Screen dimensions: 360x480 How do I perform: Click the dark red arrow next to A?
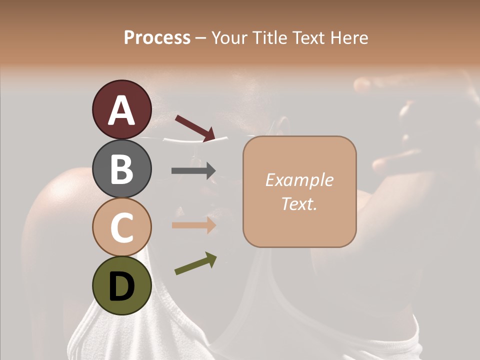click(195, 128)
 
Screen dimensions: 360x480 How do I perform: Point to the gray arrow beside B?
click(193, 170)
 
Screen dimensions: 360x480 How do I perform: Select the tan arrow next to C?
click(193, 225)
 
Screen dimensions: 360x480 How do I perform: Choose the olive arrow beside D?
click(195, 263)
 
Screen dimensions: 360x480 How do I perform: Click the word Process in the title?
click(157, 37)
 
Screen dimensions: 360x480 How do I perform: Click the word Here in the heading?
click(349, 37)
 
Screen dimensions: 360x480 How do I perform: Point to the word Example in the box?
click(299, 180)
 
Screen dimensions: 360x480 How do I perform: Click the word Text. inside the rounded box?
click(299, 203)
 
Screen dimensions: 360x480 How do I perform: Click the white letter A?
click(121, 110)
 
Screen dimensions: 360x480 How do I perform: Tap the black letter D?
click(121, 286)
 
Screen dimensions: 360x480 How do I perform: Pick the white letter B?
click(121, 169)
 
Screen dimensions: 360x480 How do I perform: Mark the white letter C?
click(121, 227)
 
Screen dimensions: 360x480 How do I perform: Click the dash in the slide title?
click(200, 38)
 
